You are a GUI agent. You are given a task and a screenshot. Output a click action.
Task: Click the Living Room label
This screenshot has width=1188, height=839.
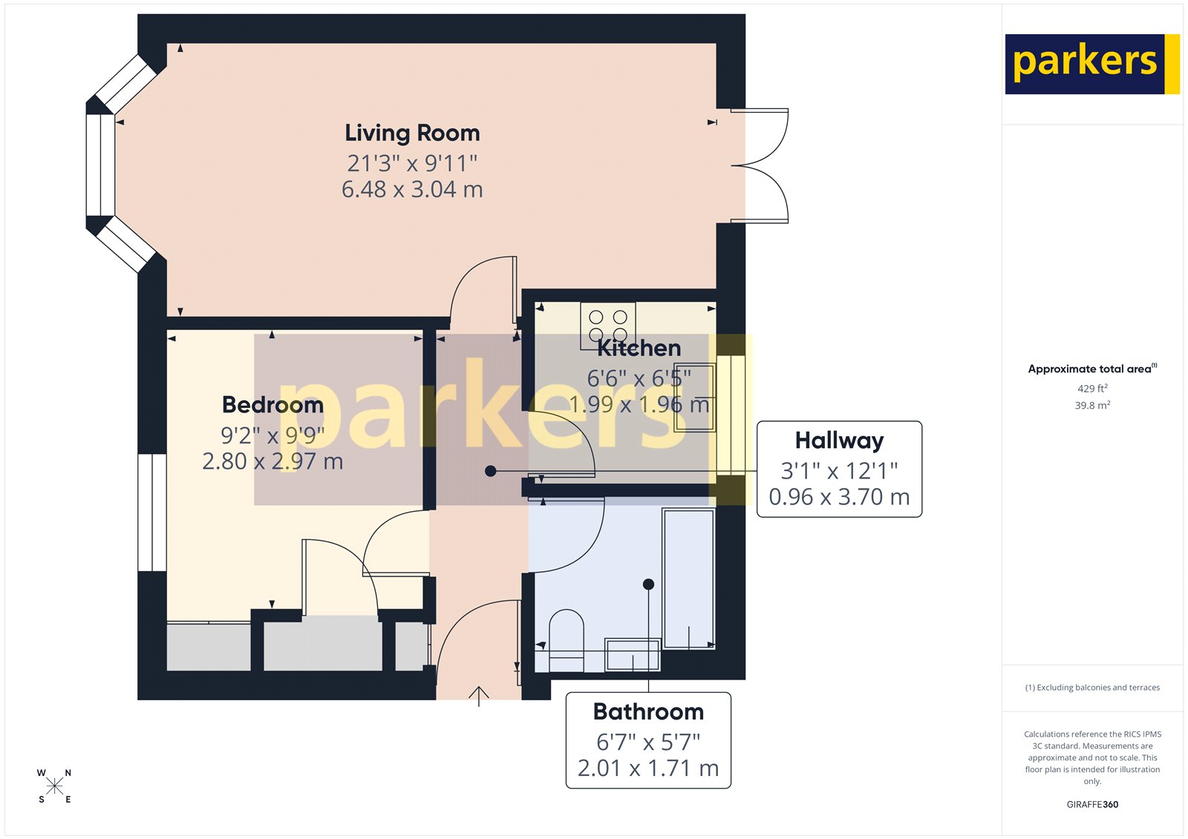[412, 133]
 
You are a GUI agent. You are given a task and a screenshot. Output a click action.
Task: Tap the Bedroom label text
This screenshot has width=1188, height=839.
[272, 405]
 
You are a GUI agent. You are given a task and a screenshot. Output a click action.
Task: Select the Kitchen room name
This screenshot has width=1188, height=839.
[639, 348]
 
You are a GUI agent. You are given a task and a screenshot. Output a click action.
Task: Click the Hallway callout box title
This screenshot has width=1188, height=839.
[839, 441]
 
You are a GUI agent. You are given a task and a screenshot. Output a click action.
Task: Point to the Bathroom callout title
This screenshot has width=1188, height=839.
[648, 711]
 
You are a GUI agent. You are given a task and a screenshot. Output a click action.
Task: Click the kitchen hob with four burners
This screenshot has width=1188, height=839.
[608, 325]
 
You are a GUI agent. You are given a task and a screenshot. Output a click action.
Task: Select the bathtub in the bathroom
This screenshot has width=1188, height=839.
[688, 579]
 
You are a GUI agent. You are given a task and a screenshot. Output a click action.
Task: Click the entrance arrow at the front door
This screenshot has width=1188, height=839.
[479, 696]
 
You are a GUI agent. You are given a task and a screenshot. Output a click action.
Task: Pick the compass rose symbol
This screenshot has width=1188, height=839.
[54, 786]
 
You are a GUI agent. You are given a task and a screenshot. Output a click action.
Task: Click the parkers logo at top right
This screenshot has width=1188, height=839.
[1091, 64]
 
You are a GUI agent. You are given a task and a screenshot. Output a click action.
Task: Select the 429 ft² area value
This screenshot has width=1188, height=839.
[1092, 389]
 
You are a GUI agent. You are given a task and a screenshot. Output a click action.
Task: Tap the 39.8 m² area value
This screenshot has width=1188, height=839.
[1092, 406]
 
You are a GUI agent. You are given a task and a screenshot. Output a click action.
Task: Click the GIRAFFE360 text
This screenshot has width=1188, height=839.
[1092, 804]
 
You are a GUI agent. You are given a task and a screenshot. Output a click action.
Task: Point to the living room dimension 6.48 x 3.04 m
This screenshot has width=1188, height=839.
[412, 190]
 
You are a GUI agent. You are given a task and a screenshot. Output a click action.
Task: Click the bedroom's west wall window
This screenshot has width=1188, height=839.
[152, 512]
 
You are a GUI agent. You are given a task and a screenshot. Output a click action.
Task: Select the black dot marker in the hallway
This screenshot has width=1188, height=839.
[490, 471]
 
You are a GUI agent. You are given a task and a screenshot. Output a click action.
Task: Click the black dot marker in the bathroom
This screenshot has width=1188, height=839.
[648, 585]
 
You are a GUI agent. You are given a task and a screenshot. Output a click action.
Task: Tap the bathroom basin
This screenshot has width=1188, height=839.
[633, 655]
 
